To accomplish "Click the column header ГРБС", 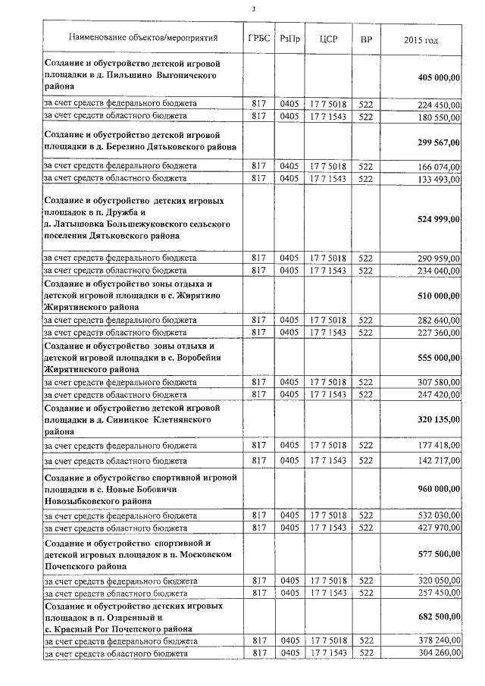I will tap(258, 37).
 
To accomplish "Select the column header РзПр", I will tap(289, 37).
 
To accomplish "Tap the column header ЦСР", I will tap(328, 37).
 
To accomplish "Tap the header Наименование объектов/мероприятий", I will tap(142, 37).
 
